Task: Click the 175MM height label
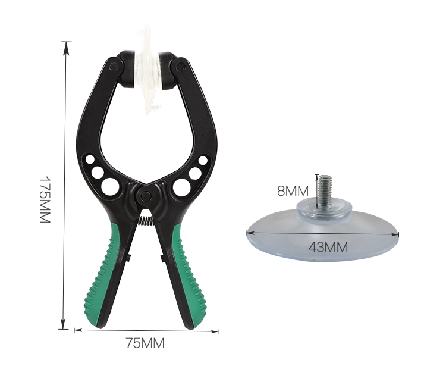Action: point(45,200)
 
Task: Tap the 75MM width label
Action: point(145,343)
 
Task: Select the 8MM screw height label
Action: point(293,191)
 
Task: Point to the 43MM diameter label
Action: point(328,247)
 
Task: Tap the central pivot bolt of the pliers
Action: point(146,195)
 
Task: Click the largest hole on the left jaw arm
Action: point(110,187)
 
